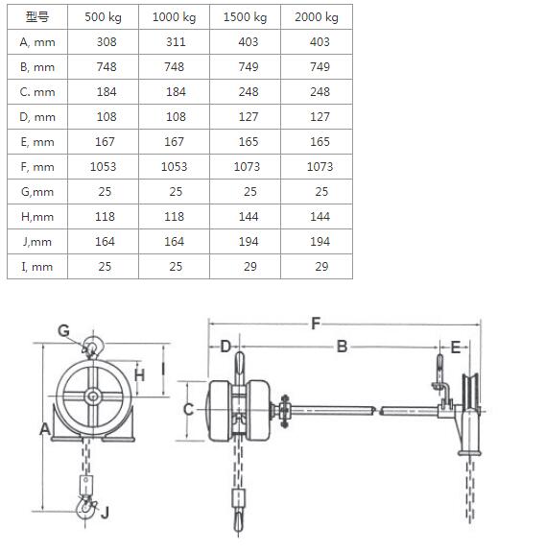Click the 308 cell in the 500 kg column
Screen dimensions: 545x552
[107, 42]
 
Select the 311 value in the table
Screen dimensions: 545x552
[176, 42]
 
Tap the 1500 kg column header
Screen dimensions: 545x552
[245, 17]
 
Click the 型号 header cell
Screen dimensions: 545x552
[37, 17]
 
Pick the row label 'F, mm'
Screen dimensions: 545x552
[37, 167]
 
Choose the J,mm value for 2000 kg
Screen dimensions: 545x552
[320, 242]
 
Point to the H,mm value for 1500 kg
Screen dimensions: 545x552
[249, 217]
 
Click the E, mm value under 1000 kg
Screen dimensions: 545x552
[175, 142]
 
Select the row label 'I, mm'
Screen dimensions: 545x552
[37, 267]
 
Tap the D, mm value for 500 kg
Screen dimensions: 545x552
[107, 117]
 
